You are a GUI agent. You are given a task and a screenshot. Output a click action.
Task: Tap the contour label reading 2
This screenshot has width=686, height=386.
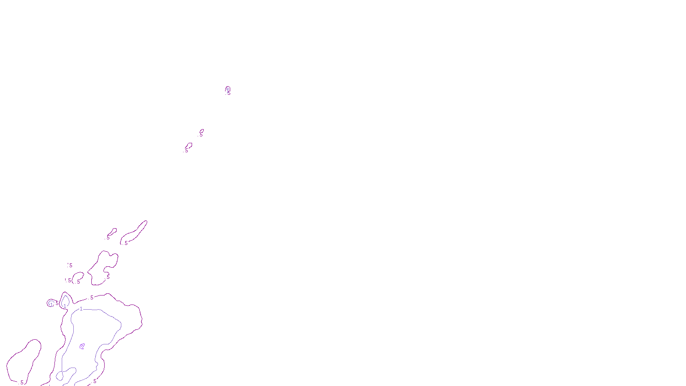pyautogui.click(x=82, y=347)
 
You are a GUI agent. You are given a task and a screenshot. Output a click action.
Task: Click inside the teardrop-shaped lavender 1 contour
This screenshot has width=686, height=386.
pyautogui.click(x=65, y=300)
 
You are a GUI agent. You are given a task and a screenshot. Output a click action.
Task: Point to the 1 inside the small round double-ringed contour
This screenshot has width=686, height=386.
pyautogui.click(x=51, y=304)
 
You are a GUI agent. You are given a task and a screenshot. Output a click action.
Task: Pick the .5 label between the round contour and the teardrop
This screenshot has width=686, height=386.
pyautogui.click(x=57, y=303)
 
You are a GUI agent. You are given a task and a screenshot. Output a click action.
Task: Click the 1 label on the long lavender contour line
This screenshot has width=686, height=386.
pyautogui.click(x=81, y=309)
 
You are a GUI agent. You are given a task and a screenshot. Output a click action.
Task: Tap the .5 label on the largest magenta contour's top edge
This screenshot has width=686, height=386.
pyautogui.click(x=91, y=298)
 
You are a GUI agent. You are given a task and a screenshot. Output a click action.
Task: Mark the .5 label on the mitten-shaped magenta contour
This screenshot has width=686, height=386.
pyautogui.click(x=108, y=277)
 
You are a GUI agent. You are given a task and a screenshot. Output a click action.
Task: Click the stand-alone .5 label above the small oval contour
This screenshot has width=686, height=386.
pyautogui.click(x=70, y=265)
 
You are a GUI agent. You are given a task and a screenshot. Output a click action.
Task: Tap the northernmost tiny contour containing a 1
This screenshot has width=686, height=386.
pyautogui.click(x=228, y=90)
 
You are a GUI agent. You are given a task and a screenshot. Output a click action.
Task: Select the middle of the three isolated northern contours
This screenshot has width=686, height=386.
pyautogui.click(x=201, y=133)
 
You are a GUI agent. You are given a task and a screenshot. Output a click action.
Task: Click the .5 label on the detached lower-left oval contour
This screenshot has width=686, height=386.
pyautogui.click(x=21, y=382)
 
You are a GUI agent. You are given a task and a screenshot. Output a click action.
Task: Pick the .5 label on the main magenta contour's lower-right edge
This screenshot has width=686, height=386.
pyautogui.click(x=95, y=381)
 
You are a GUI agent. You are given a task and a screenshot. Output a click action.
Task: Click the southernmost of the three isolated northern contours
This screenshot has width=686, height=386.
pyautogui.click(x=188, y=147)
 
